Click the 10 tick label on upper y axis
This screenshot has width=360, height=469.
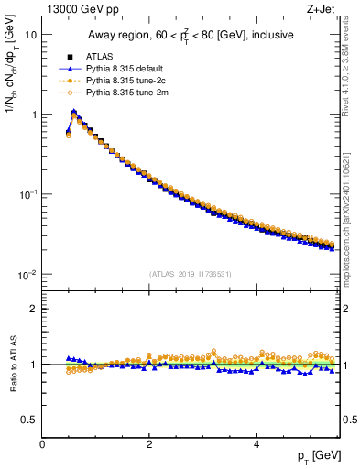[x=30, y=35]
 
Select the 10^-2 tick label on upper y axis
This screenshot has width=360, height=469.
[x=27, y=275]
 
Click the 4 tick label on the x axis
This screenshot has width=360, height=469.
[x=256, y=444]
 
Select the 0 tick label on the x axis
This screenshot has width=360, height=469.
[x=42, y=444]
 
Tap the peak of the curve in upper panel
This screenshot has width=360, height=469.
[x=74, y=112]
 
